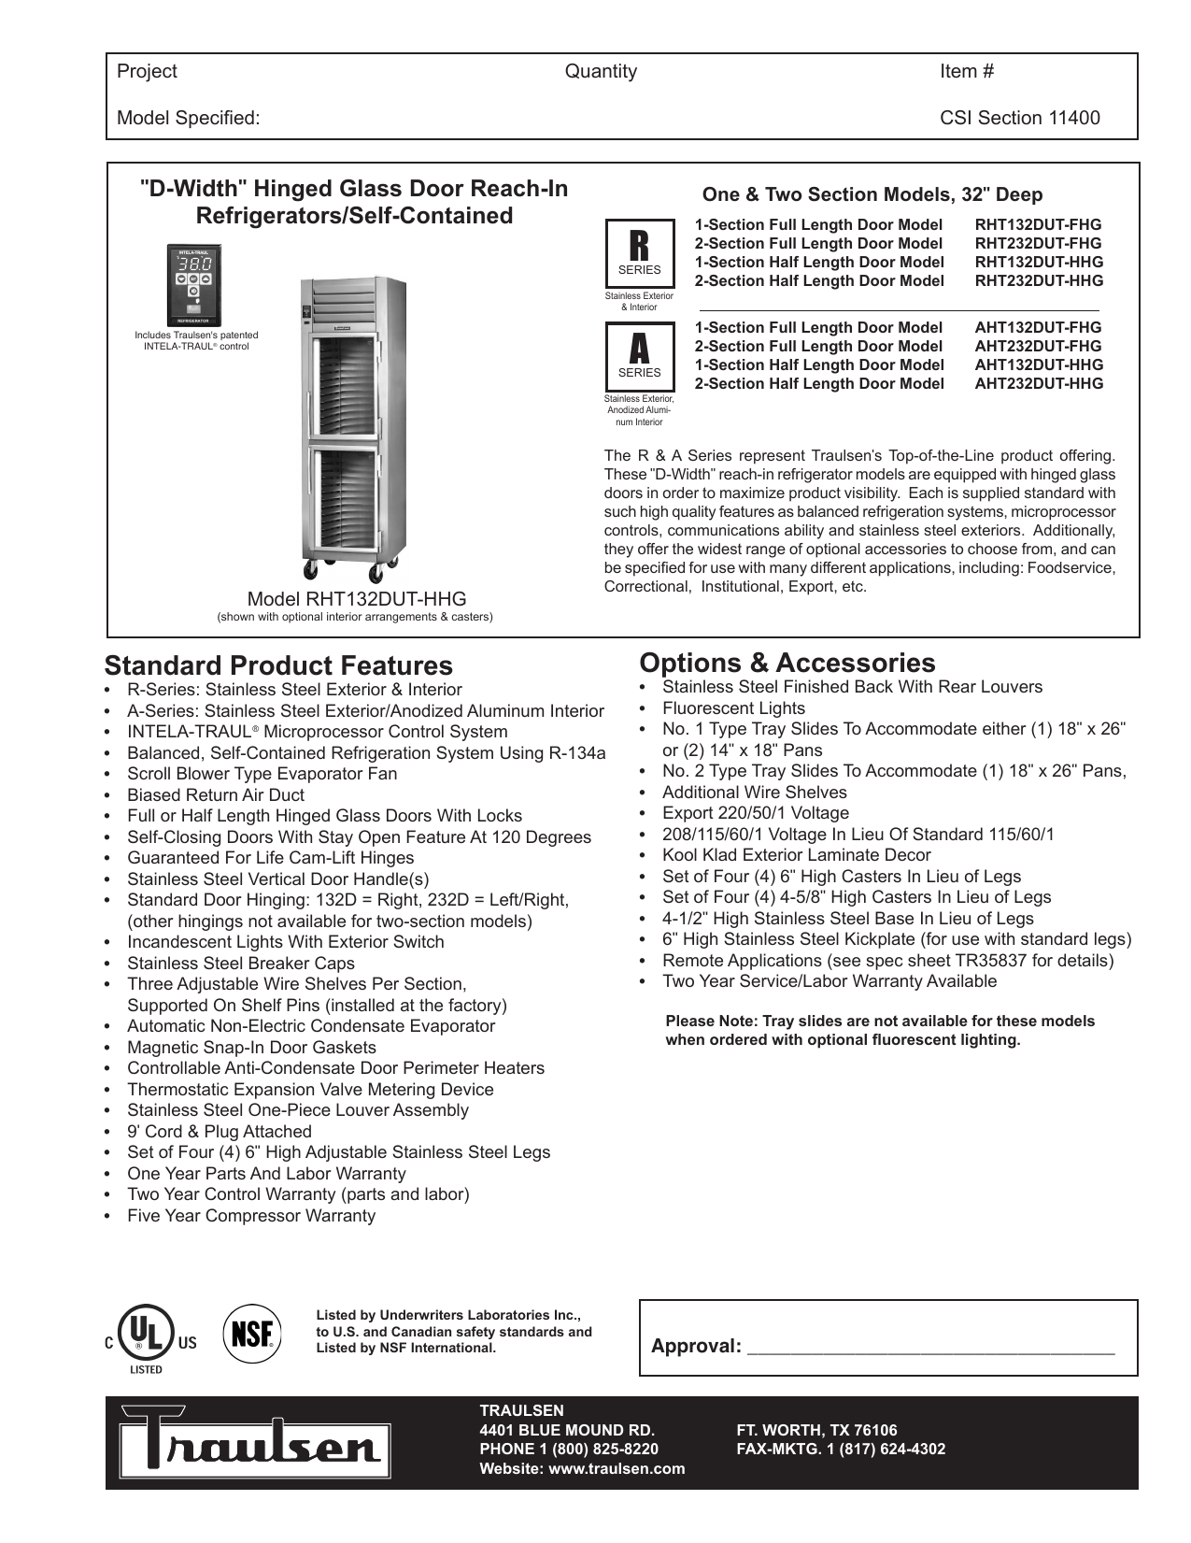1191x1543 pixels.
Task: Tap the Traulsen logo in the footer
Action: point(249,1444)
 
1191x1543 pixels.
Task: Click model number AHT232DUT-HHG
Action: point(1039,384)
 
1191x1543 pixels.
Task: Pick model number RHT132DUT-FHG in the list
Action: point(1038,225)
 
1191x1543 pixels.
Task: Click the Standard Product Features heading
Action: point(278,665)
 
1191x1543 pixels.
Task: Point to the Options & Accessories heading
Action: point(787,663)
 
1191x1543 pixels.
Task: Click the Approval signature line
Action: point(931,1347)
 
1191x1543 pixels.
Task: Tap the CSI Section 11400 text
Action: point(1019,118)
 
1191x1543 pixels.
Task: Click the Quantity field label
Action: point(601,72)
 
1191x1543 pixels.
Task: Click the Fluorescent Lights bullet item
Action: point(733,708)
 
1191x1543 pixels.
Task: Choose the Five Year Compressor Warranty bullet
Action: point(251,1216)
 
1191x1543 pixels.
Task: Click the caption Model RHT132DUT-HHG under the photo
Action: point(356,599)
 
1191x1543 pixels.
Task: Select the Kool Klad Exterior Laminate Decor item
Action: point(796,855)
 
